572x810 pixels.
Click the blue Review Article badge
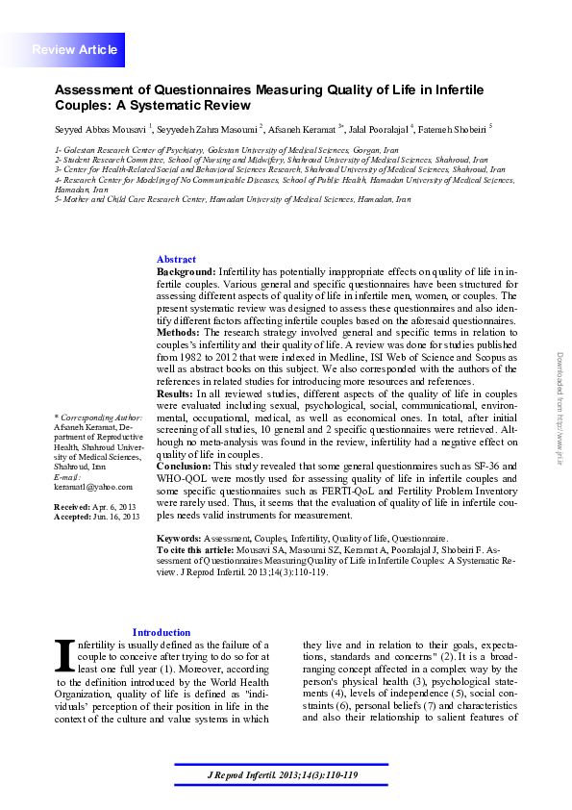pos(75,49)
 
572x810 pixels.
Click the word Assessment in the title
pos(97,89)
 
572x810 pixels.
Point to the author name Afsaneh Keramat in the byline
pos(297,127)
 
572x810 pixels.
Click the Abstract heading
pos(176,260)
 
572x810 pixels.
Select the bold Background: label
pos(187,273)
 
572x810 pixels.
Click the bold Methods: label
pos(180,332)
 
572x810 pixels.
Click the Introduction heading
pos(162,632)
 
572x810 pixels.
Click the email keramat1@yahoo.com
pos(93,487)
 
